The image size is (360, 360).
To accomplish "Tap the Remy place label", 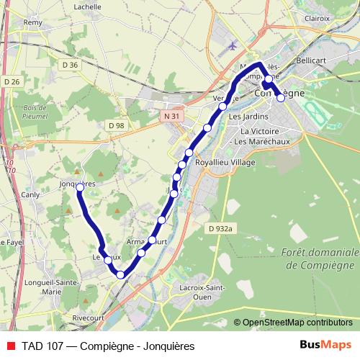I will pos(33,22).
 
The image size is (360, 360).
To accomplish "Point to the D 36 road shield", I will pos(70,65).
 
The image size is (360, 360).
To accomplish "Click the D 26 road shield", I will pos(12,81).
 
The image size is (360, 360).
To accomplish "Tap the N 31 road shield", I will pos(171,115).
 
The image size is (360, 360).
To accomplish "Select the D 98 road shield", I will pos(116,125).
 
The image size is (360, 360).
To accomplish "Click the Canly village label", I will pos(31,194).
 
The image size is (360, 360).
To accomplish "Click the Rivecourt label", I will pos(89,316).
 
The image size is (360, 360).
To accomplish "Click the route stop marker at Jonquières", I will pos(80,187).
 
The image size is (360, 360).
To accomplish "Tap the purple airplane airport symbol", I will pos(231,45).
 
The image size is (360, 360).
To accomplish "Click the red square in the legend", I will pos(12,346).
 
